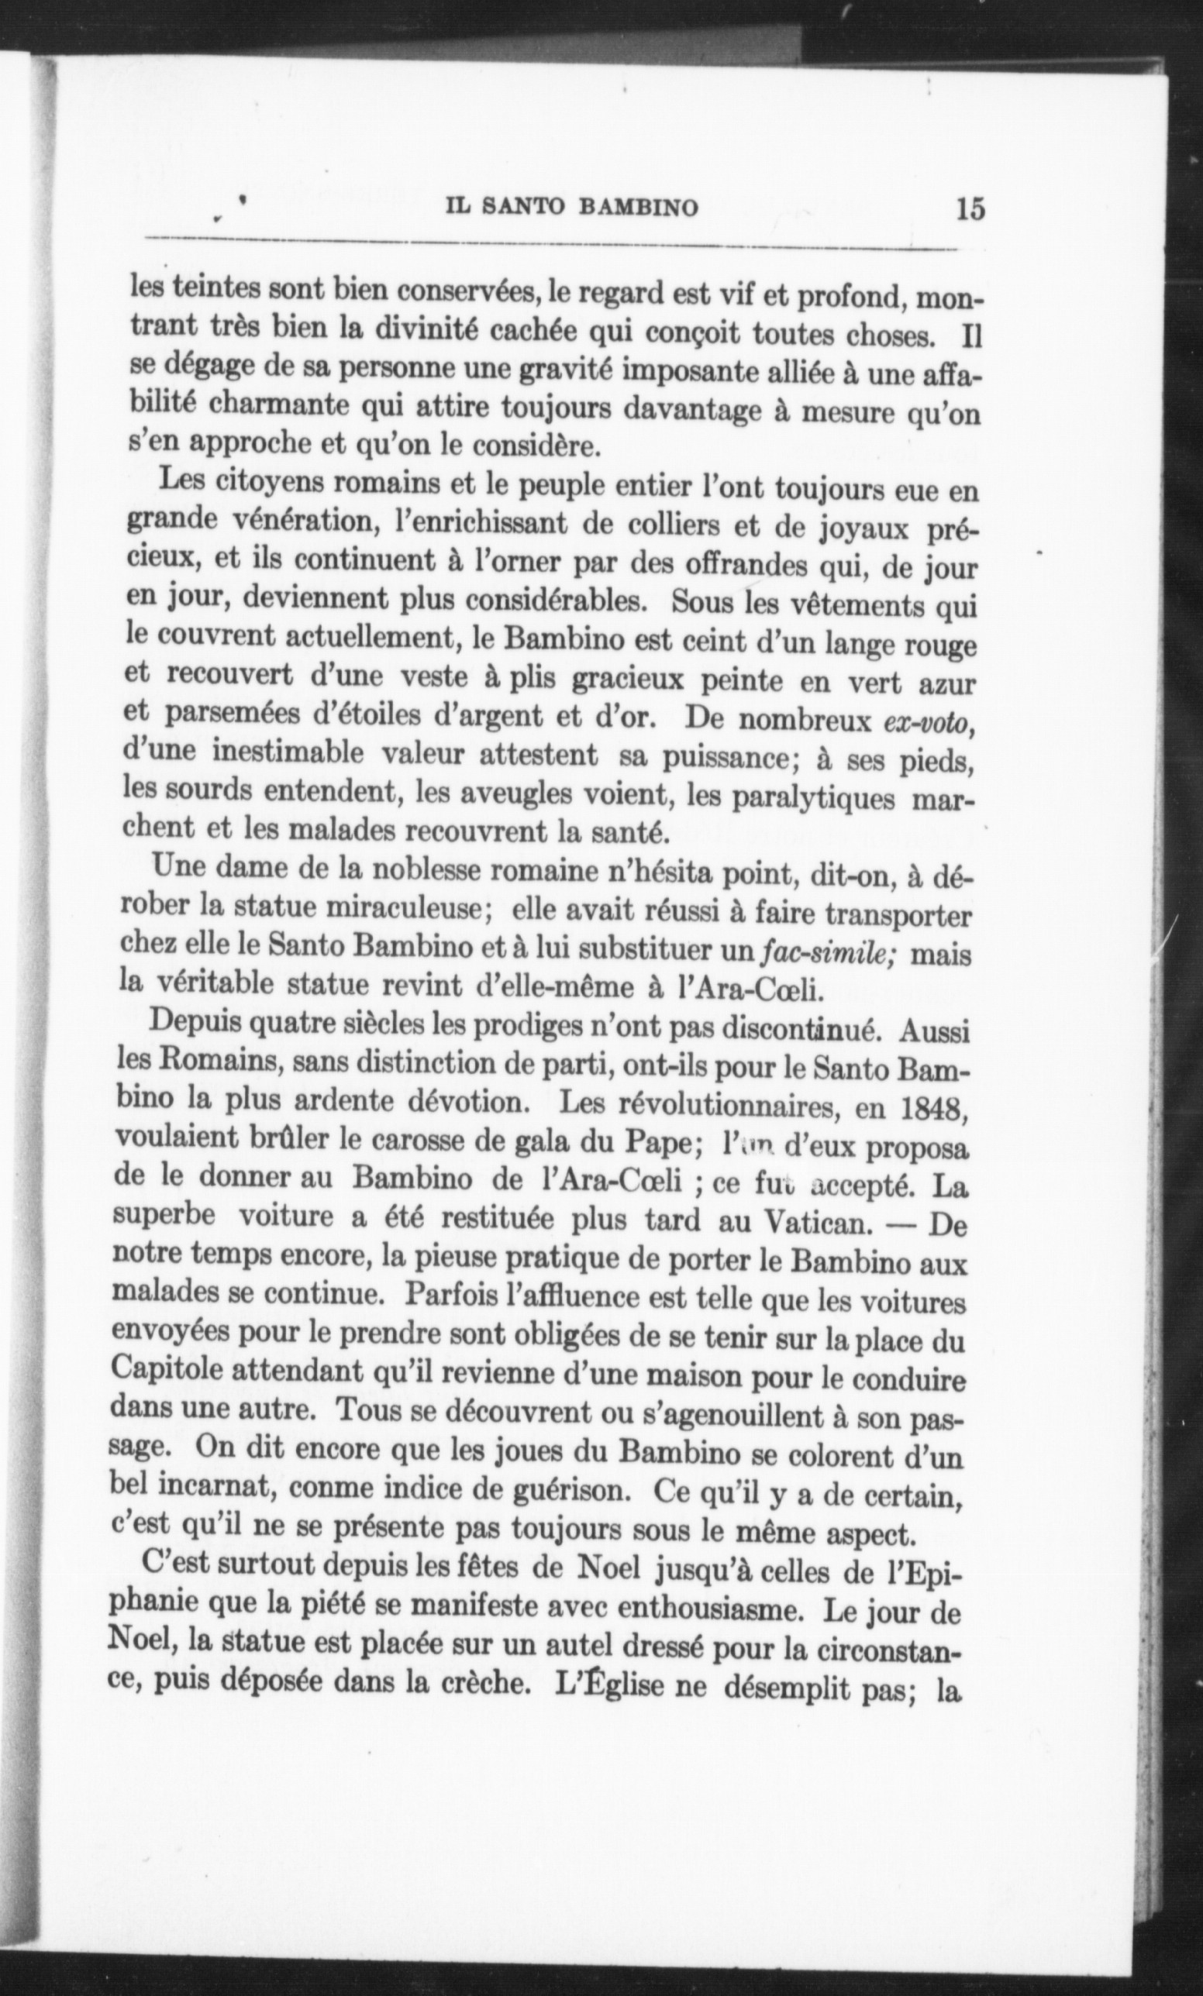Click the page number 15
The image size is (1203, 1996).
[970, 208]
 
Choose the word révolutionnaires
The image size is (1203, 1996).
[699, 1104]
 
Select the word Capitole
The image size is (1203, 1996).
[167, 1369]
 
